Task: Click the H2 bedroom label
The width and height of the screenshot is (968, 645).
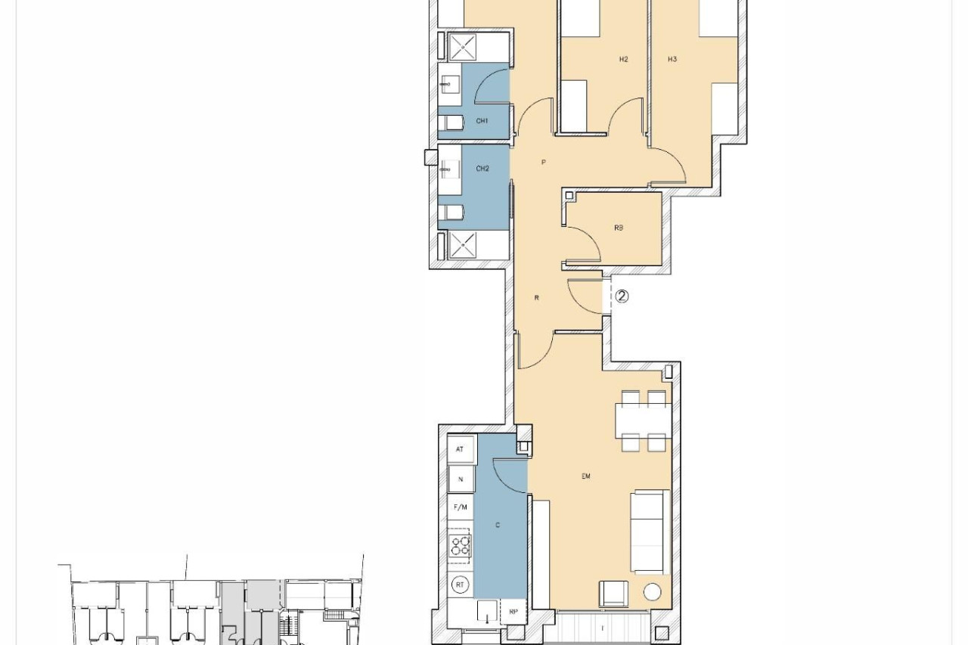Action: coord(623,59)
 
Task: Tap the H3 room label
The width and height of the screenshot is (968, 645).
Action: coord(672,59)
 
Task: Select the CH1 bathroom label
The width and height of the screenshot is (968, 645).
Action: coord(482,121)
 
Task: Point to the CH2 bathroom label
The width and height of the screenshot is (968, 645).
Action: coord(482,169)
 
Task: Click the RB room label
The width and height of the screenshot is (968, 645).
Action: coord(619,228)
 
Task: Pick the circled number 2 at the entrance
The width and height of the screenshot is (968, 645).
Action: coord(622,296)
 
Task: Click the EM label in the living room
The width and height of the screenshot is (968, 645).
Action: coord(586,476)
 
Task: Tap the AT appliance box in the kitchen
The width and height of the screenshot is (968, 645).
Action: coord(461,449)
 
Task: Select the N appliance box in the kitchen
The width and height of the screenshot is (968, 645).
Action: coord(461,479)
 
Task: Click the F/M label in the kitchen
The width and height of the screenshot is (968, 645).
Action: coord(461,507)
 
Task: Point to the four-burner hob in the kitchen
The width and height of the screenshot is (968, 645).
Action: coord(460,546)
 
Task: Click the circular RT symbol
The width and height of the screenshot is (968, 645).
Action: coord(461,585)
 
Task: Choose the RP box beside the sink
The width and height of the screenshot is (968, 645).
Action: coord(513,612)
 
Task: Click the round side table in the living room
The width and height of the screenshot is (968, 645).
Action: coord(652,592)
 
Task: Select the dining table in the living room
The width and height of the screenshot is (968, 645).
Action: coord(644,420)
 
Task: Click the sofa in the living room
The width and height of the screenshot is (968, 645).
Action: coord(650,532)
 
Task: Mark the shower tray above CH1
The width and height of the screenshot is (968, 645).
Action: coord(463,47)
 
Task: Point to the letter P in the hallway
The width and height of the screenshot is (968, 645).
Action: coord(544,163)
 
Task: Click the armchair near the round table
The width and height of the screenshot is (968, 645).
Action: coord(613,594)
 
